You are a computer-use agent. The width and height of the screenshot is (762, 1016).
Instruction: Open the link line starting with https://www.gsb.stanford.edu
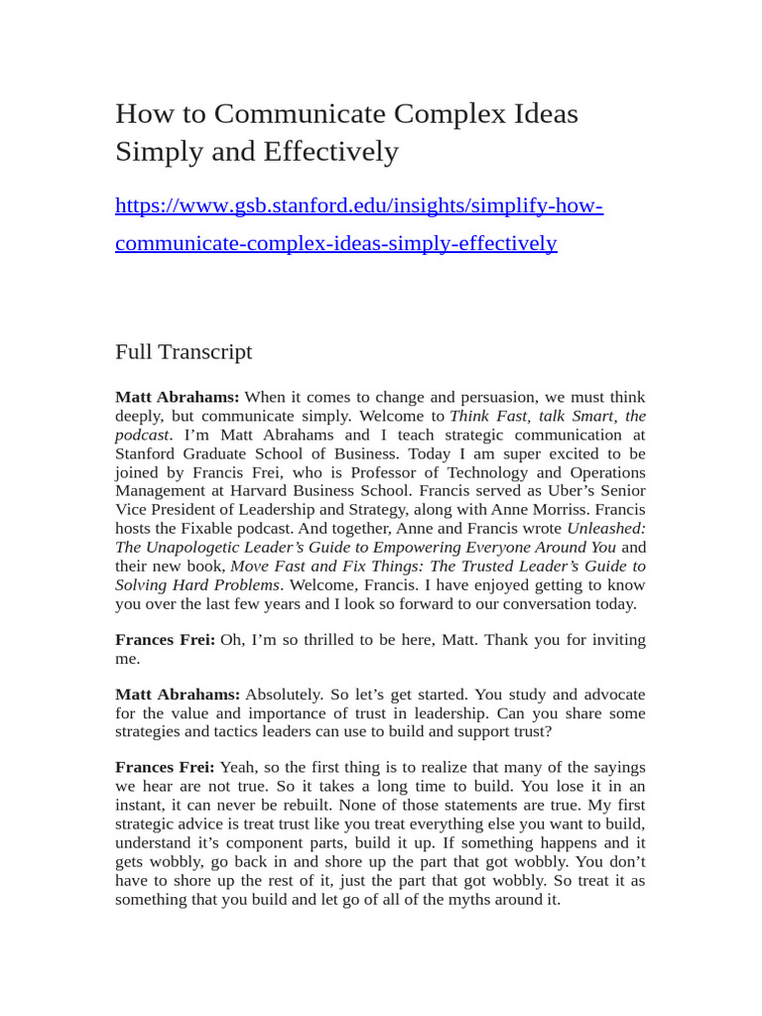359,206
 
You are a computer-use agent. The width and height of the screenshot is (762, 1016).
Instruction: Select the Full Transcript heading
184,352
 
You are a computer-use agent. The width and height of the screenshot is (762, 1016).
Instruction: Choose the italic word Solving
140,584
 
